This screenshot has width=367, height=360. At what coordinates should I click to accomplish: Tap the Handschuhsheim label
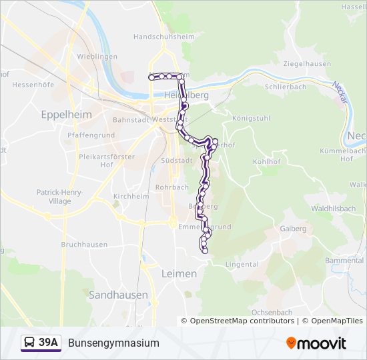point(163,37)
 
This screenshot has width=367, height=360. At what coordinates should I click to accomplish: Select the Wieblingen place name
point(97,57)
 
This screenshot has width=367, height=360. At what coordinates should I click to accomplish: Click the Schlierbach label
point(285,87)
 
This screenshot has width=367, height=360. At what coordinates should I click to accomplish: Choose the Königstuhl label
point(250,117)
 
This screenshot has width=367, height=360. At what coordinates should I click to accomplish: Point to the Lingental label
point(242,265)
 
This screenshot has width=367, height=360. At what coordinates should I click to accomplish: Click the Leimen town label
point(179,274)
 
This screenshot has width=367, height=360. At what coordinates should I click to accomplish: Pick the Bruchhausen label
point(84,245)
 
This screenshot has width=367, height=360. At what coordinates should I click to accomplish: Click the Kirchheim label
point(131,197)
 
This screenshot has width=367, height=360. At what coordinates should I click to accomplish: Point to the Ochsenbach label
point(272,312)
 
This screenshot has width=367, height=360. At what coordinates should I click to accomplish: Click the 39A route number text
point(49,343)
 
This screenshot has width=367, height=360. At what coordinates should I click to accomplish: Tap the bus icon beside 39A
point(30,343)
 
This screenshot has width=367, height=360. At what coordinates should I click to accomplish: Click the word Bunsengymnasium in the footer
point(114,343)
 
